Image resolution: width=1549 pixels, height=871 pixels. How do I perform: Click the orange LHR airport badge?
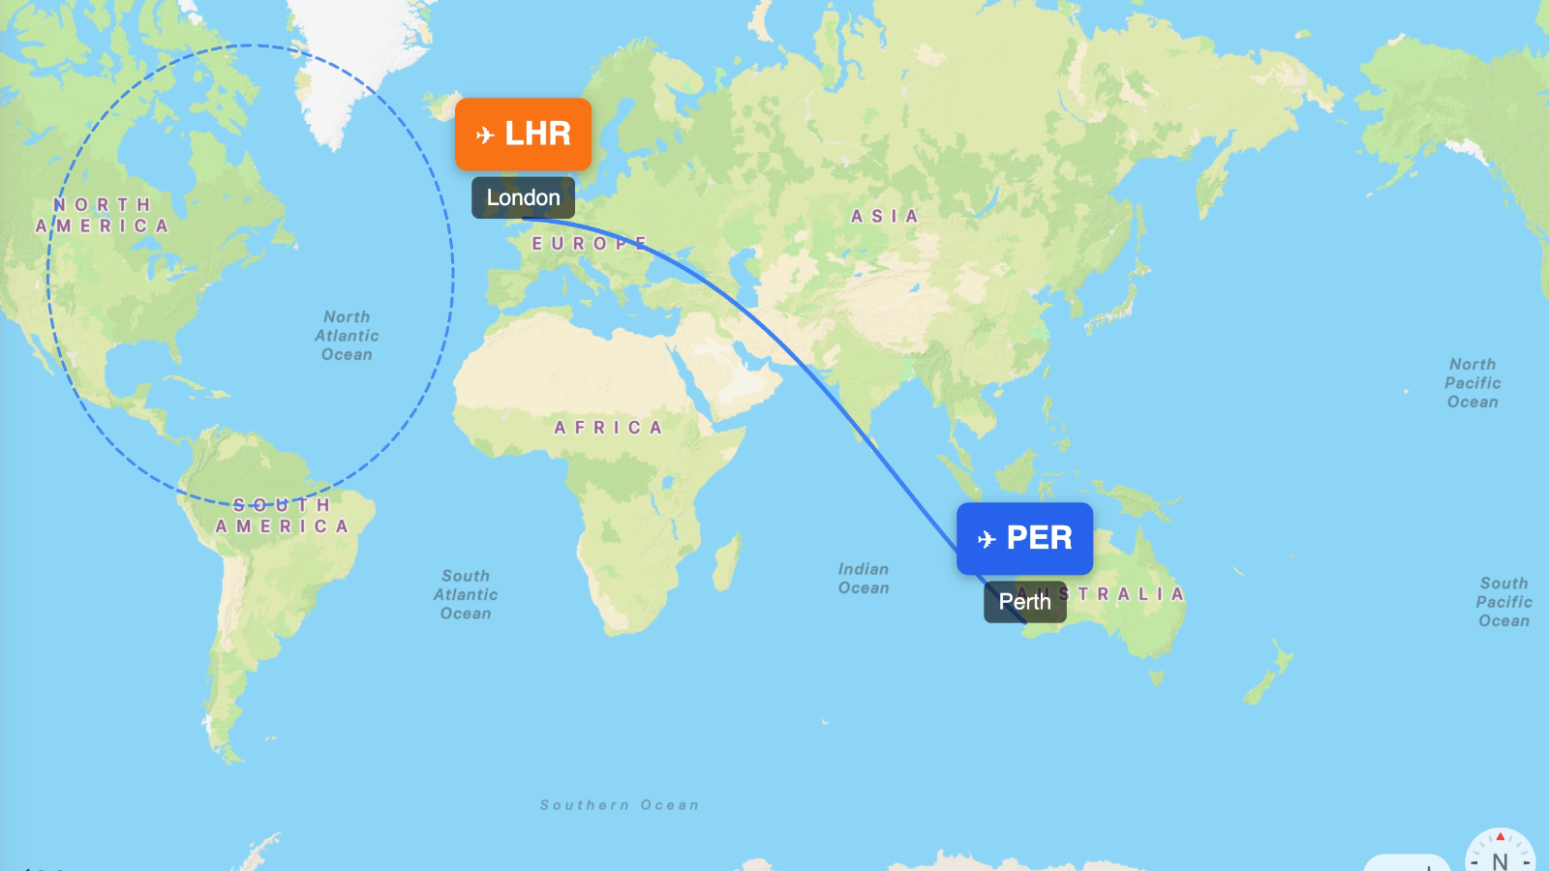point(523,134)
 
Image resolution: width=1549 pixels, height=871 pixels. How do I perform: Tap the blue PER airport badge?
point(1024,538)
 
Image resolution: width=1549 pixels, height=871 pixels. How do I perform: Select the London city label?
point(523,197)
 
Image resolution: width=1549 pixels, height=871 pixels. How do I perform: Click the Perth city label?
point(1024,602)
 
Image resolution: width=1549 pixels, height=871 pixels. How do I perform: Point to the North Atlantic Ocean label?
point(347,336)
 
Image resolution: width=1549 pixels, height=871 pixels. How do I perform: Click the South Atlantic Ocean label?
point(466,594)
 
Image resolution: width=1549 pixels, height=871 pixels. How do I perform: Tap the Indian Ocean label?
point(864,579)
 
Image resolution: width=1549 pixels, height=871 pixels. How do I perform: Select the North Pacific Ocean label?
point(1473,383)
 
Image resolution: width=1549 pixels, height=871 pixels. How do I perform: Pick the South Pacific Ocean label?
point(1503,602)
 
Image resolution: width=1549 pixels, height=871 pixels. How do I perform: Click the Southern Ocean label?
point(620,805)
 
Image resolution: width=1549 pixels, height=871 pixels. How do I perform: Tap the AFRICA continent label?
point(608,428)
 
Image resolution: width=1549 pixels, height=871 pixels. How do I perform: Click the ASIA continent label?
point(884,217)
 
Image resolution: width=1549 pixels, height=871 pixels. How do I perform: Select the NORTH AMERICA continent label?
point(103,216)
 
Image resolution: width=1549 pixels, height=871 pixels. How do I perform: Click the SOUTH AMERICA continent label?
point(282,516)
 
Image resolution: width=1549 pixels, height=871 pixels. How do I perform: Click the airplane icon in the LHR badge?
point(486,135)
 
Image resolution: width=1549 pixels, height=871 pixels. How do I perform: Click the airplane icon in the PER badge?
point(987,539)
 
